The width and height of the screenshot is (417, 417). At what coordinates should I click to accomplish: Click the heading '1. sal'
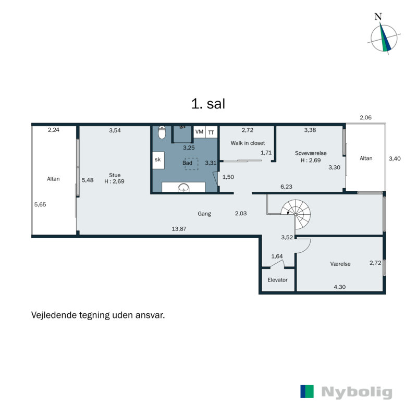pos(208,104)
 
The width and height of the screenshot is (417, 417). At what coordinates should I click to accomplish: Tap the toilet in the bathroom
pos(163,134)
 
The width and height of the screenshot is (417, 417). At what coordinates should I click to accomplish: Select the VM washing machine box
pos(199,132)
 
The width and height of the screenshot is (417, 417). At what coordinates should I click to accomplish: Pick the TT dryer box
pos(211,132)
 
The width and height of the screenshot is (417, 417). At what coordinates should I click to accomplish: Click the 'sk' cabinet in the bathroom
pos(157,161)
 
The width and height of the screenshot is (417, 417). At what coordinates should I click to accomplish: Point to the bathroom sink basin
pos(183,188)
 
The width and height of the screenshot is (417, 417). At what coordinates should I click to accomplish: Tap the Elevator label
pos(277,280)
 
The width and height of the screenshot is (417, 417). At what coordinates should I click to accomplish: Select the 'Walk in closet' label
pos(248,143)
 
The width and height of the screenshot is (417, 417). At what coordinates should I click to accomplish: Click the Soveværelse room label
pos(310,153)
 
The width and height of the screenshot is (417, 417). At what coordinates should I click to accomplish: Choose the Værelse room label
pos(340,264)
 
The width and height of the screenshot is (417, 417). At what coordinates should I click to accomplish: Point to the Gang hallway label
pos(204,214)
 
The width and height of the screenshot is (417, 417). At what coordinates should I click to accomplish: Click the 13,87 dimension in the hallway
pos(180,228)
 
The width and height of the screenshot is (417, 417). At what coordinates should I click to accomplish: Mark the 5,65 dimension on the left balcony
pos(40,204)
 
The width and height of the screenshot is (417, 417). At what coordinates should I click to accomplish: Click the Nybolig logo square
pos(307,392)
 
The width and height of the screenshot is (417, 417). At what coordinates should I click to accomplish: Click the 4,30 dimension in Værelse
pos(339,286)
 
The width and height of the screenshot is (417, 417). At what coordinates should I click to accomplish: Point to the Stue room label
pos(114,175)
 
